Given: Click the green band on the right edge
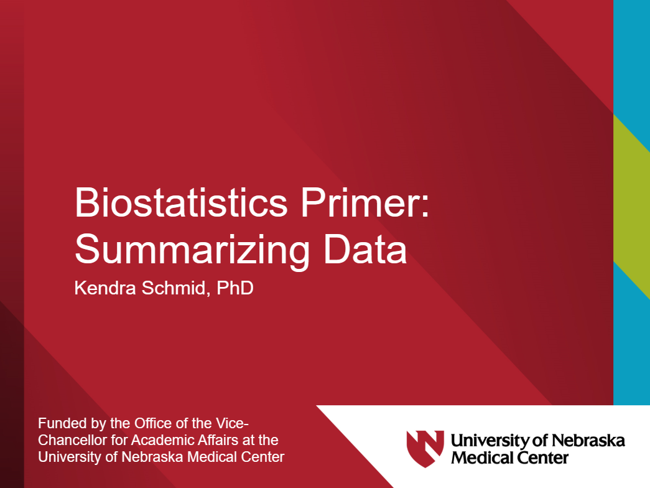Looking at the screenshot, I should (x=631, y=205).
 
